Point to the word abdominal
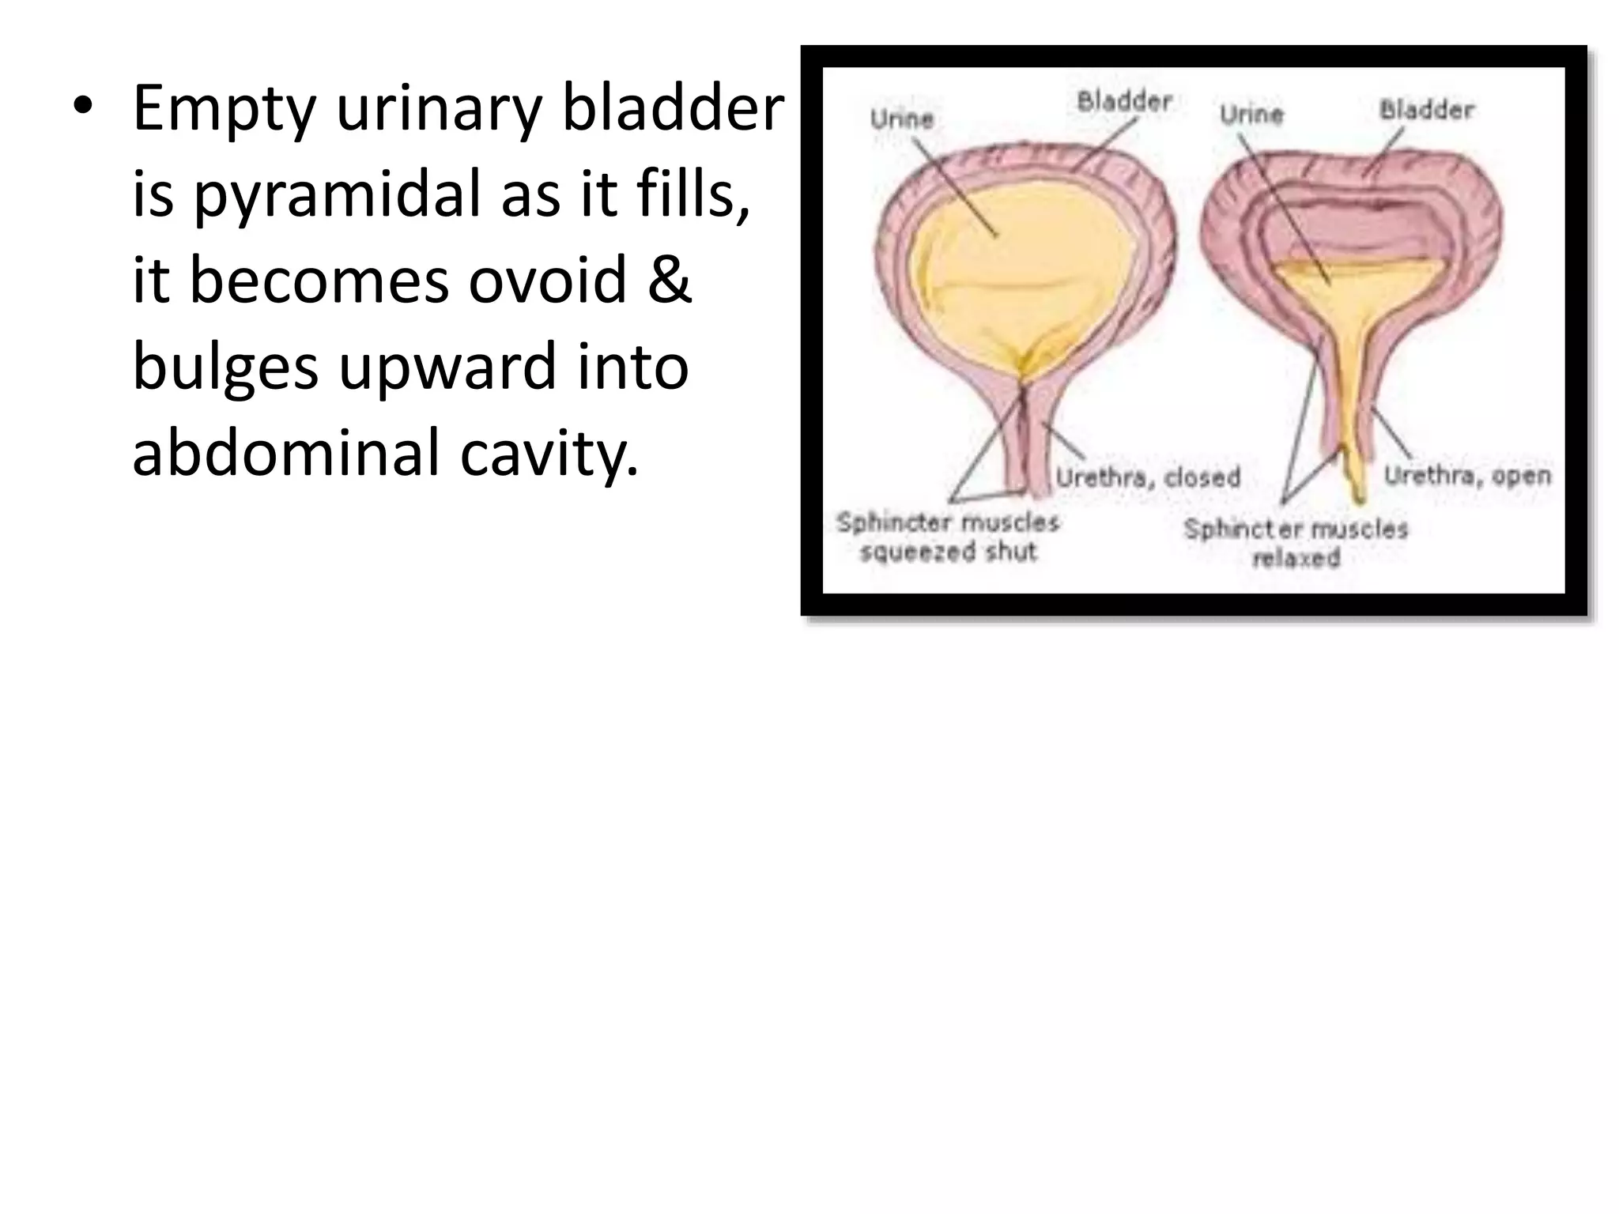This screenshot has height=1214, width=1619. [x=285, y=452]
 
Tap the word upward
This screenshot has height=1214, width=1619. [x=447, y=367]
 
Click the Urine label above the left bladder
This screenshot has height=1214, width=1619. [x=901, y=119]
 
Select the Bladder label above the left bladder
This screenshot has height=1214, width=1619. [x=1123, y=101]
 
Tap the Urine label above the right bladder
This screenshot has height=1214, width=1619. [x=1251, y=115]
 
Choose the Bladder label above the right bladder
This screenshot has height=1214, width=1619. [x=1427, y=110]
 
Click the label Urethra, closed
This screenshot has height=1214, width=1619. [x=1148, y=477]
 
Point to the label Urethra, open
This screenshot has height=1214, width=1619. [x=1467, y=475]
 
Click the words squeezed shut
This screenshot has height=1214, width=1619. [x=948, y=551]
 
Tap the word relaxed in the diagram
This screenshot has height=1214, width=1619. [x=1296, y=558]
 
